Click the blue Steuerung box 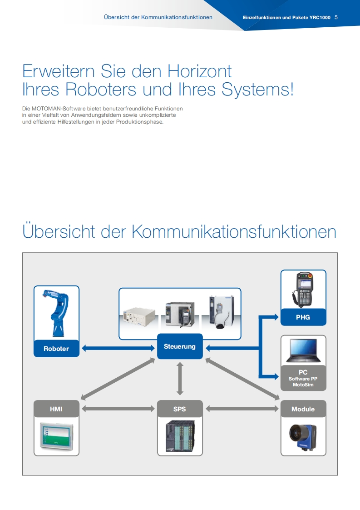click(180, 346)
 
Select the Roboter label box click(56, 349)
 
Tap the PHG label click(303, 317)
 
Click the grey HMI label click(56, 409)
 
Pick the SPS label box click(180, 409)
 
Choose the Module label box click(303, 409)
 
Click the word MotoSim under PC click(303, 385)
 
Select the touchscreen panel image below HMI click(56, 436)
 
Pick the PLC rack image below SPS click(180, 436)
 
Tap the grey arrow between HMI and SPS click(118, 409)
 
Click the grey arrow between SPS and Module click(242, 409)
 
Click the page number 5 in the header click(336, 17)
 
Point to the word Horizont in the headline click(199, 71)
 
